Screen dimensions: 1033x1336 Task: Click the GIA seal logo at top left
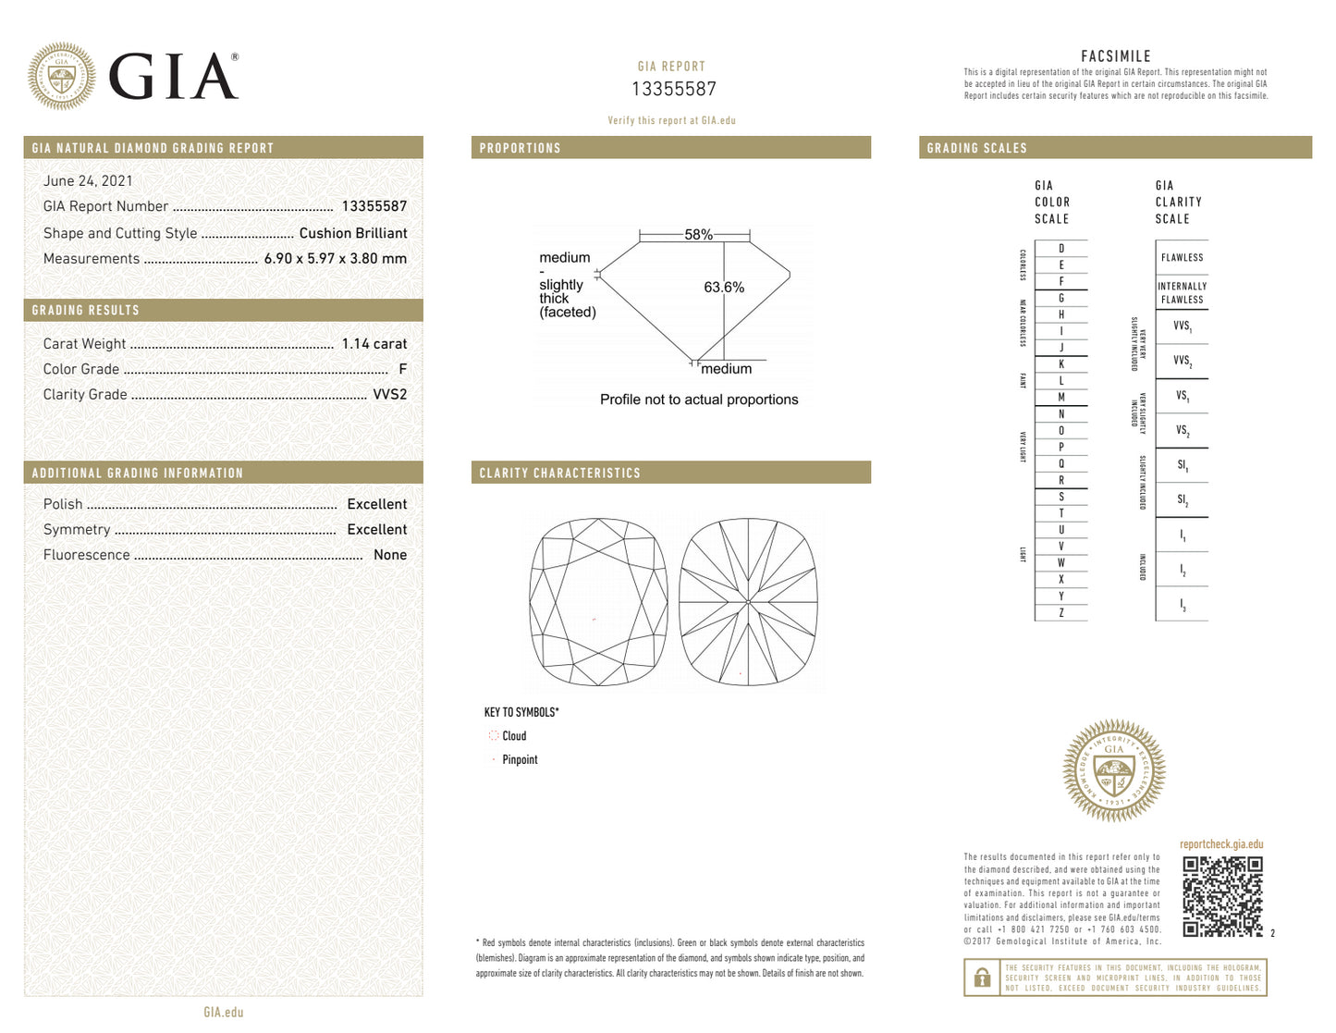[61, 77]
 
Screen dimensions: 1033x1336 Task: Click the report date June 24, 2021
[88, 181]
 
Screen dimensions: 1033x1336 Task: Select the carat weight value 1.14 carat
[374, 344]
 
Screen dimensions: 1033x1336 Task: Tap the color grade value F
[402, 369]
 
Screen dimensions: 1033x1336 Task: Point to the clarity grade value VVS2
[389, 394]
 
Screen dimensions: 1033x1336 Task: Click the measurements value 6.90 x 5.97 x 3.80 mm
[335, 259]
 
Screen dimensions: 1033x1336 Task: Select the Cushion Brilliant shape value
[352, 233]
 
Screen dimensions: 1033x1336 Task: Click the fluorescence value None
[389, 555]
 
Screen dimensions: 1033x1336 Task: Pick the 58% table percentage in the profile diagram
[698, 235]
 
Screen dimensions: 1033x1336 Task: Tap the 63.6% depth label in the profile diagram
[723, 288]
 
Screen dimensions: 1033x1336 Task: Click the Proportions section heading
[520, 148]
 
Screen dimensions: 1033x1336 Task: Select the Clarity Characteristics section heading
[559, 473]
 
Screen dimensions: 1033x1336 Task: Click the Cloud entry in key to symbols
[514, 736]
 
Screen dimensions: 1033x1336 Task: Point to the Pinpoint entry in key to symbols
[520, 760]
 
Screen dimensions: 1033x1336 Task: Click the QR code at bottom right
[1221, 896]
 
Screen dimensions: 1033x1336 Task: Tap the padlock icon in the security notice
[982, 978]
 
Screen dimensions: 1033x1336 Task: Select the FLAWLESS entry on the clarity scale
[1182, 258]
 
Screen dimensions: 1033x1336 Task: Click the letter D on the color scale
[1060, 249]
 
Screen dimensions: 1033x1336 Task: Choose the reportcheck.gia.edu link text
[1220, 844]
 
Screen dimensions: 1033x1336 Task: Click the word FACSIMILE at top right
[1115, 56]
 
